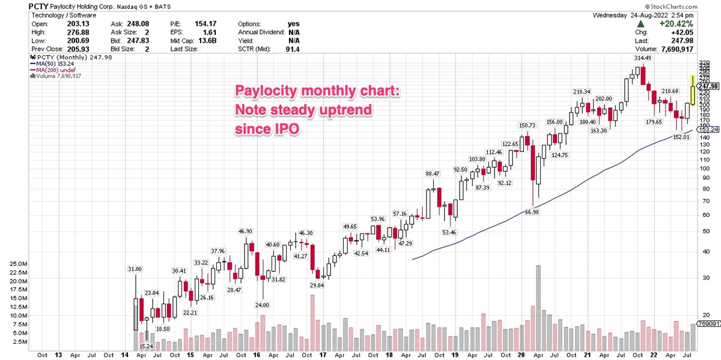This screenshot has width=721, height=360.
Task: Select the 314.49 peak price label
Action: [642, 58]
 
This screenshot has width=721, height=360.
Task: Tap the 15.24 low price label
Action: [145, 346]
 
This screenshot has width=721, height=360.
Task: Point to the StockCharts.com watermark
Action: [691, 6]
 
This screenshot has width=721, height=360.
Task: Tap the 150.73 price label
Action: [527, 126]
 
